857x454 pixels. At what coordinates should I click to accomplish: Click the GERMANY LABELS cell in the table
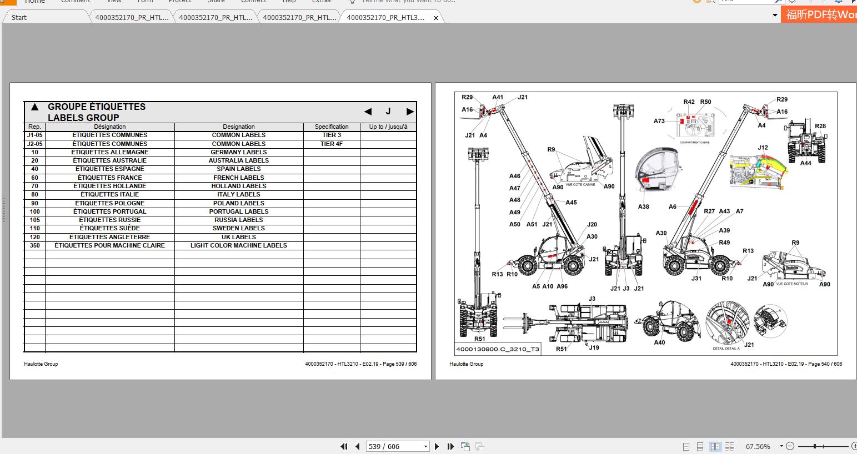pyautogui.click(x=238, y=152)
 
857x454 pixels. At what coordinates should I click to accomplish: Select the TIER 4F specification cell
pyautogui.click(x=332, y=144)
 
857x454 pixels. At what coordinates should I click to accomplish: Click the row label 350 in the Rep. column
pyautogui.click(x=34, y=245)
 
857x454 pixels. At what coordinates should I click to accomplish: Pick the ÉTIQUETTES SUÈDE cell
pyautogui.click(x=109, y=228)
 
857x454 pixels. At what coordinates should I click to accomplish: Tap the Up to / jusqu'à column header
pyautogui.click(x=388, y=127)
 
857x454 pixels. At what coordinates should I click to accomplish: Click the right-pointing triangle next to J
pyautogui.click(x=410, y=112)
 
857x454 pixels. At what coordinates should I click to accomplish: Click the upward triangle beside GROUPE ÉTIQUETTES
pyautogui.click(x=34, y=107)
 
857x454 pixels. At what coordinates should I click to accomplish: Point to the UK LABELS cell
pyautogui.click(x=238, y=237)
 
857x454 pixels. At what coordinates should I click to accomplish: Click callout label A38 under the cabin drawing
pyautogui.click(x=643, y=206)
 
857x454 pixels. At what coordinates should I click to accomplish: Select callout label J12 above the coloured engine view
pyautogui.click(x=763, y=148)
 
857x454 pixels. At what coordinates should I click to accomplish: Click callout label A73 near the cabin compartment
pyautogui.click(x=659, y=121)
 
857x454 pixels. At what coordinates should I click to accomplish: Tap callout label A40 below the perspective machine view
pyautogui.click(x=659, y=342)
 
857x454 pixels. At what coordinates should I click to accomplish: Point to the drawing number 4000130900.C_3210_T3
pyautogui.click(x=497, y=350)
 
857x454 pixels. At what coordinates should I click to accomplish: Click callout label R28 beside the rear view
pyautogui.click(x=820, y=126)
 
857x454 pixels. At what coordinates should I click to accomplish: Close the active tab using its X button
pyautogui.click(x=436, y=18)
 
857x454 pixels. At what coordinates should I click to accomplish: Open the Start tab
pyautogui.click(x=19, y=17)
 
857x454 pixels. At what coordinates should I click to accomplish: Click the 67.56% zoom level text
pyautogui.click(x=758, y=446)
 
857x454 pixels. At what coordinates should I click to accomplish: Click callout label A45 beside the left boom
pyautogui.click(x=571, y=203)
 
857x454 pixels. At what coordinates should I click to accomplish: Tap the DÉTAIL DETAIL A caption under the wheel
pyautogui.click(x=726, y=349)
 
